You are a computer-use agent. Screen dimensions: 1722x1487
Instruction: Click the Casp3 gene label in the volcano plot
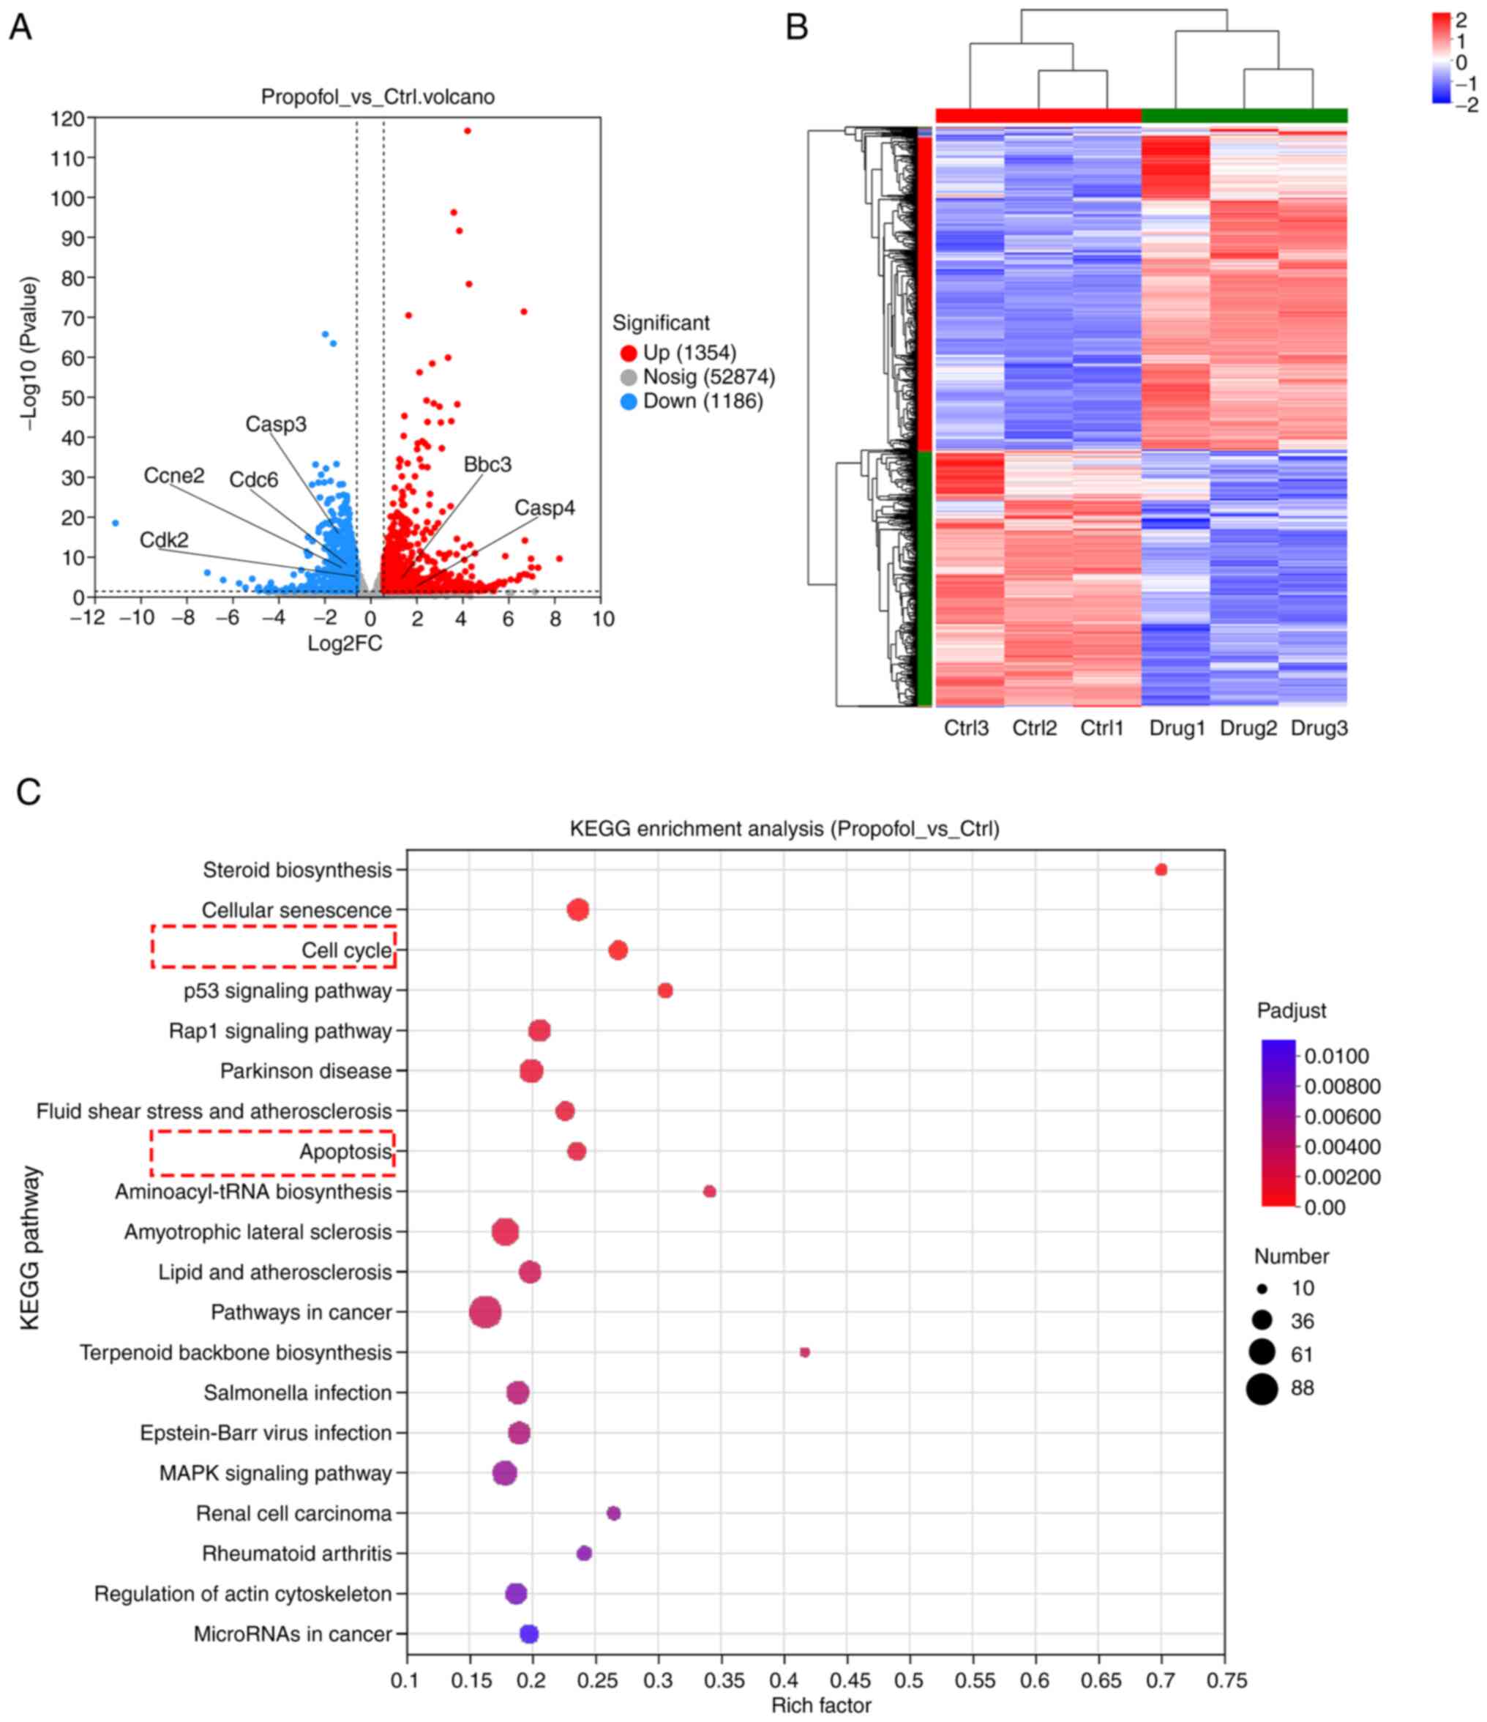[276, 425]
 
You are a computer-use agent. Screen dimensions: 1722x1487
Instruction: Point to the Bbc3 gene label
[487, 465]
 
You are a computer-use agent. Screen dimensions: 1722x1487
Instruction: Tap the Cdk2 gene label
[164, 540]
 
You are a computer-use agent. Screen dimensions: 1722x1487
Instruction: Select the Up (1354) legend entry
[689, 352]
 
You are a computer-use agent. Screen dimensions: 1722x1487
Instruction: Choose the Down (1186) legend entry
[702, 401]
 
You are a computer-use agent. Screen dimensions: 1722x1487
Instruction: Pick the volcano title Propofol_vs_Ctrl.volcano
[378, 97]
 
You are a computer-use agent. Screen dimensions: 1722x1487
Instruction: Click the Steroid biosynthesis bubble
[1161, 870]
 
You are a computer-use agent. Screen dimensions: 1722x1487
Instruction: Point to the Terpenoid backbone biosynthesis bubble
[804, 1352]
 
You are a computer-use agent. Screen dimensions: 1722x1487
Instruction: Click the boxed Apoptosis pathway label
[345, 1152]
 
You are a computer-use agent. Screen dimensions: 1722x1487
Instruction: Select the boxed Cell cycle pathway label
[346, 951]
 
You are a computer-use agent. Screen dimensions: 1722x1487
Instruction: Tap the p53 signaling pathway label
[288, 991]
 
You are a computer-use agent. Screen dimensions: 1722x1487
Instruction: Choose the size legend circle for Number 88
[1261, 1388]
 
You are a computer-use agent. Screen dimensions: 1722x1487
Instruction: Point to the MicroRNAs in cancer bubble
[529, 1634]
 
